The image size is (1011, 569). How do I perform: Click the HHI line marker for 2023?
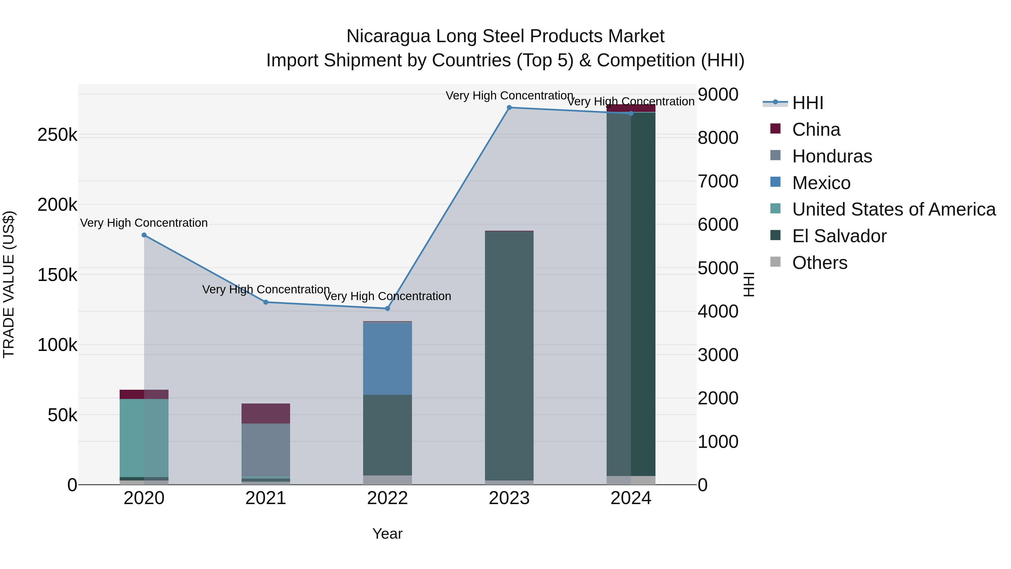pos(509,108)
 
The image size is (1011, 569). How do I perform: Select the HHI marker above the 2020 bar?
pos(144,235)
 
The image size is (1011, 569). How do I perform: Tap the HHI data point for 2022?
pos(387,309)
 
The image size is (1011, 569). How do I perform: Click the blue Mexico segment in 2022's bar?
pos(387,358)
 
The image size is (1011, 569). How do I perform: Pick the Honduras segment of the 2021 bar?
pos(266,450)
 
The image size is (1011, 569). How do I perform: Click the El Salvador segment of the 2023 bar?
pos(509,355)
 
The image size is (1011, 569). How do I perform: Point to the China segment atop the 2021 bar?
pos(266,414)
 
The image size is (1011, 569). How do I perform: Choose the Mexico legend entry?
pos(821,183)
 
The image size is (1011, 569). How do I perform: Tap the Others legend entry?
pos(819,263)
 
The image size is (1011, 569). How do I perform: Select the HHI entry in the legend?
pos(807,103)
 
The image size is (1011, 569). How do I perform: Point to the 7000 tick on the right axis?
pos(718,182)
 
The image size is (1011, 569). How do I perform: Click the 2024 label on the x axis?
pos(631,498)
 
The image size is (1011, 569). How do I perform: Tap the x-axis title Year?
pos(387,534)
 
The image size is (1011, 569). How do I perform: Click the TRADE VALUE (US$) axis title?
pos(9,284)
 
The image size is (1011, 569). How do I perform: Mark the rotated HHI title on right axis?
pos(748,284)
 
